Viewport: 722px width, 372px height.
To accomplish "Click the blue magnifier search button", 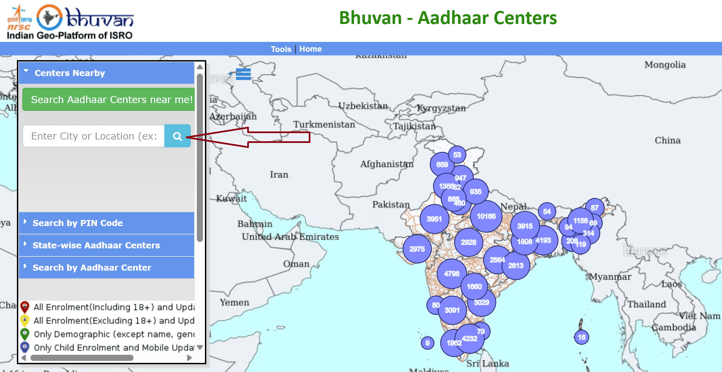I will pos(177,136).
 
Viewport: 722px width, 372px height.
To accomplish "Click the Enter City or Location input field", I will pos(94,136).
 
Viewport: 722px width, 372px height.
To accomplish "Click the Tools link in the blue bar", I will pos(281,49).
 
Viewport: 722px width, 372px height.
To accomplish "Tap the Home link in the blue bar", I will pos(310,49).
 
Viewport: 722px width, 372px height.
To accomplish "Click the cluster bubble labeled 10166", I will pos(486,216).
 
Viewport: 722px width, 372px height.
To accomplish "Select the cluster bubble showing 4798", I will pos(451,274).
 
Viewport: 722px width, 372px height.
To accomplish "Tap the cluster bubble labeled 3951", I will pos(434,219).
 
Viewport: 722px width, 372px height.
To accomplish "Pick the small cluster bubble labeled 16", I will pos(581,337).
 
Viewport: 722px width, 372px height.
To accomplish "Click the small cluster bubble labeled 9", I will pos(427,343).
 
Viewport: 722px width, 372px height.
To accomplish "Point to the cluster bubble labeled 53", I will pos(457,155).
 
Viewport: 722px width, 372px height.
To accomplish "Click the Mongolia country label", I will pos(665,65).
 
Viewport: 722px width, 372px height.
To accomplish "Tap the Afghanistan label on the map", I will pos(387,164).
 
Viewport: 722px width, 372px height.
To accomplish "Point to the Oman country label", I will pos(296,264).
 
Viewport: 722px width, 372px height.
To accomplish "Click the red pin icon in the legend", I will pos(25,307).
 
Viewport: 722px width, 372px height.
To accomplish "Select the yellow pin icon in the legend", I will pos(25,320).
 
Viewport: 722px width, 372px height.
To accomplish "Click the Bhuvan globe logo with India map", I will pos(49,18).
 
